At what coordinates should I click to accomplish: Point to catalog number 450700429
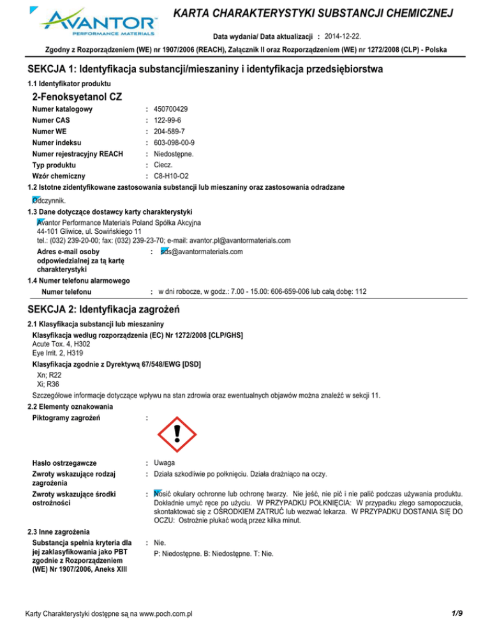click(170, 109)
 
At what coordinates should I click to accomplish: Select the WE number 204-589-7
click(168, 131)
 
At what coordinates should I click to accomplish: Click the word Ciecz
click(163, 165)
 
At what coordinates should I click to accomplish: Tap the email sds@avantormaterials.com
click(202, 252)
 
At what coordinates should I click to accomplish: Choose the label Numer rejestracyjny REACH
click(77, 153)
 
